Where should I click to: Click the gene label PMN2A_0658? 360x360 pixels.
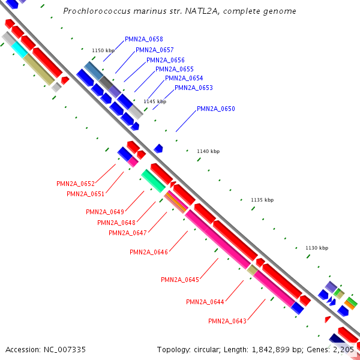click(144, 40)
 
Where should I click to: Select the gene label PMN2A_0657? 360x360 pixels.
click(155, 50)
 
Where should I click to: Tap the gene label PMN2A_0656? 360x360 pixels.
click(166, 60)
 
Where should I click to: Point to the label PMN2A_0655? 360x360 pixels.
click(175, 69)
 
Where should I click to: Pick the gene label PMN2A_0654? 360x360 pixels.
click(184, 78)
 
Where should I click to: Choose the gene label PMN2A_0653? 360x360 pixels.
click(194, 88)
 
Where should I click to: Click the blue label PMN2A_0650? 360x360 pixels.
click(216, 109)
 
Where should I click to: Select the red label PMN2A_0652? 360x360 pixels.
click(76, 184)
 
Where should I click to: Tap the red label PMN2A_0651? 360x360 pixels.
click(86, 194)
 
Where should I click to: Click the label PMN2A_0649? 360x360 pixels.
click(105, 212)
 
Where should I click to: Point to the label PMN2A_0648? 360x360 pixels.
click(116, 223)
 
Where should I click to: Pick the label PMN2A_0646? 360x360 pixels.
click(149, 252)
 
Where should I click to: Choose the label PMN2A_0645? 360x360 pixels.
click(180, 280)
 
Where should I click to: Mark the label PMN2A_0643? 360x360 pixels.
click(227, 321)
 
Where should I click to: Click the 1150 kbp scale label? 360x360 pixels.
click(103, 50)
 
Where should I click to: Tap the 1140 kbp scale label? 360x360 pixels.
click(208, 151)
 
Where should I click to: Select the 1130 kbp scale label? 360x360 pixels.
click(317, 248)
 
